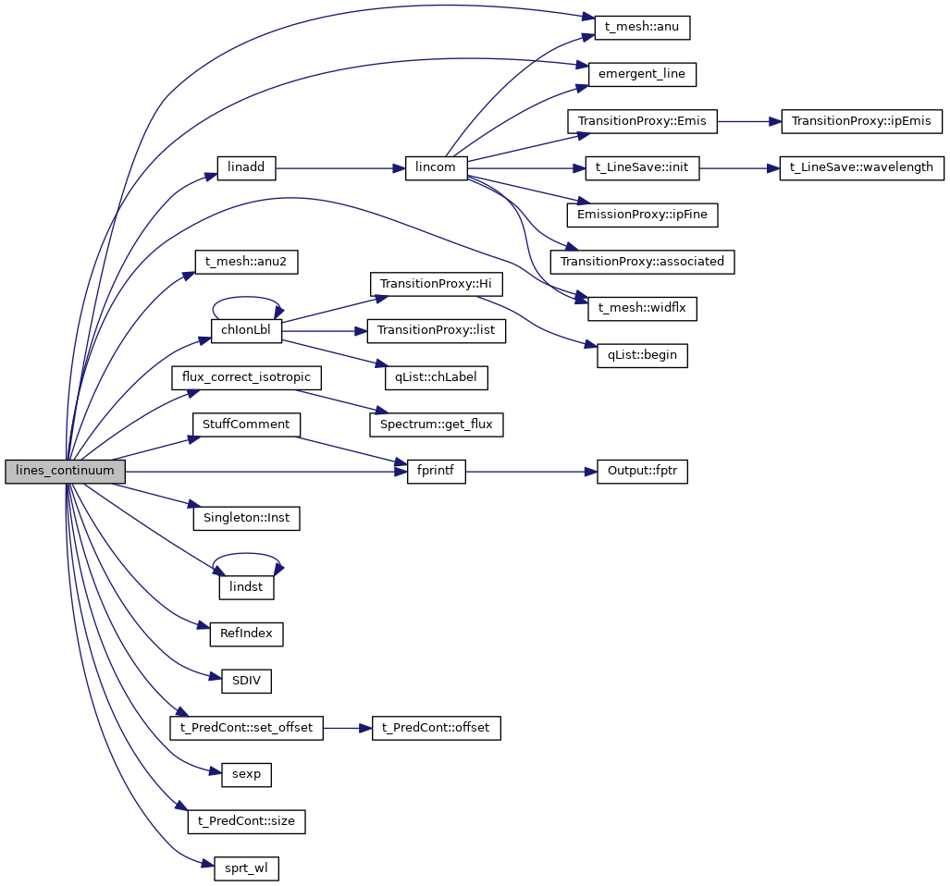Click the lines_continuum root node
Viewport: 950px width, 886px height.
coord(65,471)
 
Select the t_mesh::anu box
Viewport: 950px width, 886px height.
coord(635,27)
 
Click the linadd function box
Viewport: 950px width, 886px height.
coord(246,168)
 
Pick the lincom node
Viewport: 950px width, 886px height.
coord(437,168)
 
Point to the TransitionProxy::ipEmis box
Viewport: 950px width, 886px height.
coord(862,121)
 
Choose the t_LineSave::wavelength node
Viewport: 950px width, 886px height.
coord(862,168)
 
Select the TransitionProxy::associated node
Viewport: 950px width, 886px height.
coord(642,262)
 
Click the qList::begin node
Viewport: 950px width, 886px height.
coord(642,355)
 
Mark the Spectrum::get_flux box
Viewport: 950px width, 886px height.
coord(437,425)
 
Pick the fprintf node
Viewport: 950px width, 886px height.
coord(437,471)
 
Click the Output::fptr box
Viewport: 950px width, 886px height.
coord(642,471)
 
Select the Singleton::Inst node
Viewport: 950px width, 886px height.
coord(246,518)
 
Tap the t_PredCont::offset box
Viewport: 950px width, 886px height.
coord(436,728)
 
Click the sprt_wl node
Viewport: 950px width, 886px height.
coord(246,868)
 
